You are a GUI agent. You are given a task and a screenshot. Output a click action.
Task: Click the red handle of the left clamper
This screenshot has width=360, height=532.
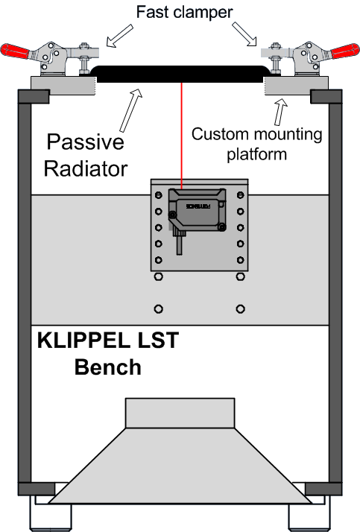click(15, 51)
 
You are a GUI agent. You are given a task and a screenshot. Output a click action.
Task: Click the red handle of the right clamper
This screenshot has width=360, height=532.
click(345, 51)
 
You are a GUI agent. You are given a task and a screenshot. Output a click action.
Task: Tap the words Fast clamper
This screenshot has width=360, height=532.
click(184, 12)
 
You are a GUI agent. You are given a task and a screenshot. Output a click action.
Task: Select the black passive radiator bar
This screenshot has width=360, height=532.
click(180, 74)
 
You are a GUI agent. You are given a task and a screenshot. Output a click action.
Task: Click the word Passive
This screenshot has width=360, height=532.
click(85, 142)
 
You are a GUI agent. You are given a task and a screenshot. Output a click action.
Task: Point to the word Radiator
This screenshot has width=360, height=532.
click(86, 168)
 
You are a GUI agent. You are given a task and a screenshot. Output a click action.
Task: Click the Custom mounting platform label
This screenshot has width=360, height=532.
click(256, 144)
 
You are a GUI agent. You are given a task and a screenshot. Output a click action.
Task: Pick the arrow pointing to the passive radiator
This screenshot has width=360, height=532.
click(131, 110)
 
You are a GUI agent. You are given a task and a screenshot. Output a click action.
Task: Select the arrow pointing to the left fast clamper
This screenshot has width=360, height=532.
click(120, 35)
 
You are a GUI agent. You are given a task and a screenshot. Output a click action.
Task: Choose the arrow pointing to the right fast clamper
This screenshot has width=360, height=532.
click(244, 34)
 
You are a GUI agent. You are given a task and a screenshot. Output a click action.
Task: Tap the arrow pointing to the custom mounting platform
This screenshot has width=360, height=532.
click(281, 112)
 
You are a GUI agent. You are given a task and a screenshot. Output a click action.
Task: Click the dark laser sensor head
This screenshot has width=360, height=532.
click(198, 210)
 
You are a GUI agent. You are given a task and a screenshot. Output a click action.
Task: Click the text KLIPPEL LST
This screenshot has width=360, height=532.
click(108, 341)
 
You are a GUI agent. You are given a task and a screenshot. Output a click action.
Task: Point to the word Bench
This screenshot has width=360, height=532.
click(108, 367)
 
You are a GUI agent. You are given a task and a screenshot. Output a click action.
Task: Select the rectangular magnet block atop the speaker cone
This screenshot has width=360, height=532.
click(180, 413)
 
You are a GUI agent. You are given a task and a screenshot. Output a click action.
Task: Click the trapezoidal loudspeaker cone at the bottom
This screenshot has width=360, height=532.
click(180, 466)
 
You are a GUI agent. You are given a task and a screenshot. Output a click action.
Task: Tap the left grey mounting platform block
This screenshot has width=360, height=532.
click(63, 86)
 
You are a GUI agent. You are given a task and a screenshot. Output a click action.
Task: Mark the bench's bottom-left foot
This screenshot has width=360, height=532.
click(51, 518)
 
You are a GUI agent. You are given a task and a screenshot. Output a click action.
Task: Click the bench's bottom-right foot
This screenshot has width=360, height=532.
click(309, 518)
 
